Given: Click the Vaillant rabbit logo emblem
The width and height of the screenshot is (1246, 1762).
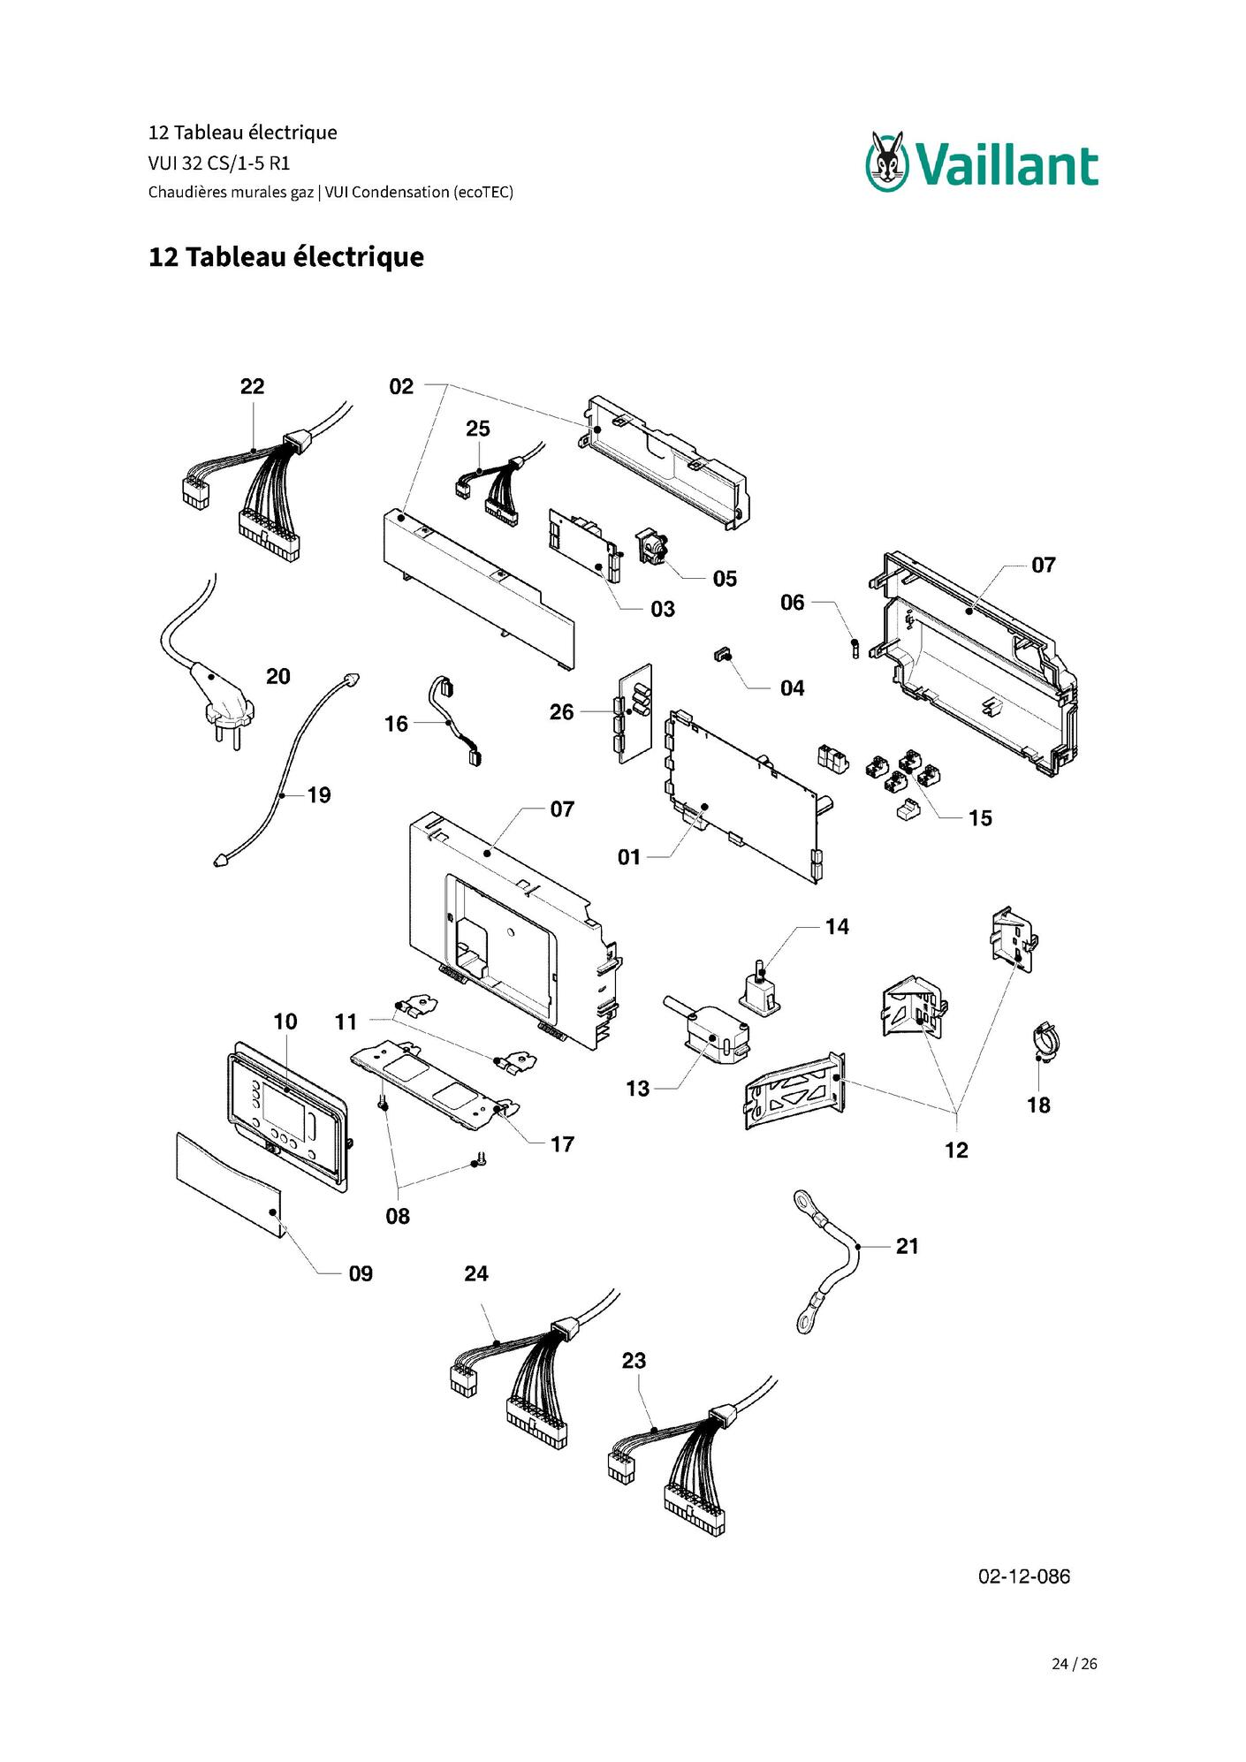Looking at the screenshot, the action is pos(887,161).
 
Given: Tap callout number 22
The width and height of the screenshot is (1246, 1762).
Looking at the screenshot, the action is pos(252,386).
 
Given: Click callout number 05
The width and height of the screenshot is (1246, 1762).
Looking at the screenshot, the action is pos(725,579).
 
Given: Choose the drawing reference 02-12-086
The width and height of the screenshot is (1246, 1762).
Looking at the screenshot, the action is pos(1023,1576).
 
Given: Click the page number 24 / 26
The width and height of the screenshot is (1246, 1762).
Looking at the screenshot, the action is pos(1074,1664).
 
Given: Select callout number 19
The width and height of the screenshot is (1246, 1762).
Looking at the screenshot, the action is pos(319,795).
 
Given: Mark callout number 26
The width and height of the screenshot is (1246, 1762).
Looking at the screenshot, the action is pos(561,712).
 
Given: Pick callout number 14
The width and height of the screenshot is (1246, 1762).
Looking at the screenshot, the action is pos(837,927).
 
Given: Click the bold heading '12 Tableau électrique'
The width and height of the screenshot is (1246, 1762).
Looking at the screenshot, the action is pos(286,257).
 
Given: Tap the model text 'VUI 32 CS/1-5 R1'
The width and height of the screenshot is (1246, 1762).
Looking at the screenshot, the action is pos(219,163).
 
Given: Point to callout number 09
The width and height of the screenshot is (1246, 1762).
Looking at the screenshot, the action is pos(361,1273).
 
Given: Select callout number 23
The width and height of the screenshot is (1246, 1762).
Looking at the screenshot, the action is pos(634,1361).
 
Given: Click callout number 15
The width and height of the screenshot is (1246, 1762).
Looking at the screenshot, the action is pos(980,818).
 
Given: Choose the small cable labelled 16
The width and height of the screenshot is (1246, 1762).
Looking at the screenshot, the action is pos(456,721).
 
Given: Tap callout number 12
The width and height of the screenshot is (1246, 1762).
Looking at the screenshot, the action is pos(956,1151).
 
